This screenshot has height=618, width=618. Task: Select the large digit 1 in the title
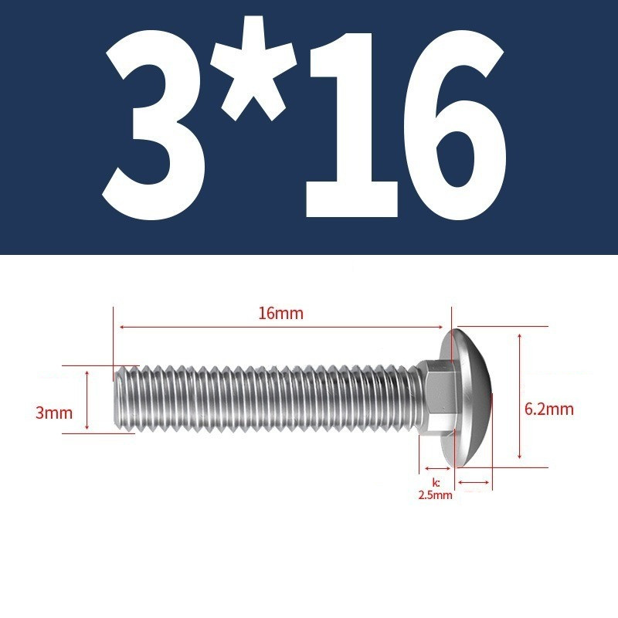(x=351, y=125)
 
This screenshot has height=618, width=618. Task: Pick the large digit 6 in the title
(x=455, y=125)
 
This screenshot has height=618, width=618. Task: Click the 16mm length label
(x=281, y=314)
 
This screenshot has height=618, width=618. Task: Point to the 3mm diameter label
(x=54, y=413)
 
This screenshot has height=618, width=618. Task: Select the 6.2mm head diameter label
(x=549, y=409)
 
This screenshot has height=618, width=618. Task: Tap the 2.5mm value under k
(x=435, y=495)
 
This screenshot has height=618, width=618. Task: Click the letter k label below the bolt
(x=436, y=483)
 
